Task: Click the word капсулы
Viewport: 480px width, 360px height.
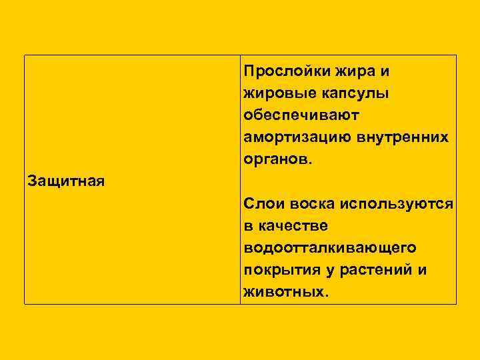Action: [352, 93]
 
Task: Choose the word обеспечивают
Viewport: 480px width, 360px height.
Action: [301, 115]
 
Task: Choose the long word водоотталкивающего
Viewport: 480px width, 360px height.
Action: [330, 248]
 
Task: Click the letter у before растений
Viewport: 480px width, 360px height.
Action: [329, 271]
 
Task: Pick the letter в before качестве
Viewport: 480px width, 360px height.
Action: [249, 225]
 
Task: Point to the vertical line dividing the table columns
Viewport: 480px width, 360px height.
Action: [240, 180]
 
